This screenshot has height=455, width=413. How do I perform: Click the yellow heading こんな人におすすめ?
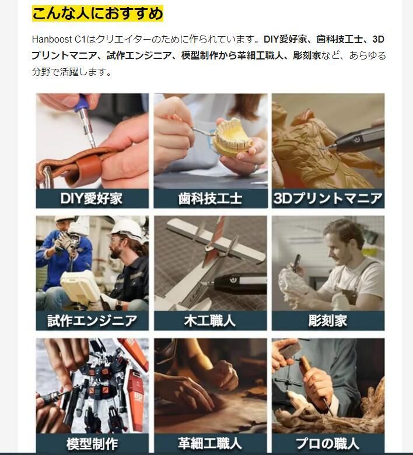pyautogui.click(x=97, y=13)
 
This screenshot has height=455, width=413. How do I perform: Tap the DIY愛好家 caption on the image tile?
pyautogui.click(x=92, y=198)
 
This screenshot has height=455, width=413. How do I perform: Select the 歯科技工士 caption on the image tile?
pyautogui.click(x=210, y=198)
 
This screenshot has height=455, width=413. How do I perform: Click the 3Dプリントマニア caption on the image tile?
pyautogui.click(x=328, y=198)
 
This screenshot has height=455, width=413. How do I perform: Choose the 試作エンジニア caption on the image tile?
pyautogui.click(x=92, y=320)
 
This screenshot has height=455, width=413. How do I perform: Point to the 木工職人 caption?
pyautogui.click(x=210, y=320)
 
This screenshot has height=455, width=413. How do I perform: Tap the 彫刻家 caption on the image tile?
pyautogui.click(x=328, y=320)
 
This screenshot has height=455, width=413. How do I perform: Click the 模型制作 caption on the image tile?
pyautogui.click(x=92, y=443)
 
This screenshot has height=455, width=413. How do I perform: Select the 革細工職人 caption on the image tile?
pyautogui.click(x=210, y=443)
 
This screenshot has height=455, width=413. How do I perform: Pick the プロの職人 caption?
pyautogui.click(x=328, y=443)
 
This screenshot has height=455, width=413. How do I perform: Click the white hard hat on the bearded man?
pyautogui.click(x=127, y=228)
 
